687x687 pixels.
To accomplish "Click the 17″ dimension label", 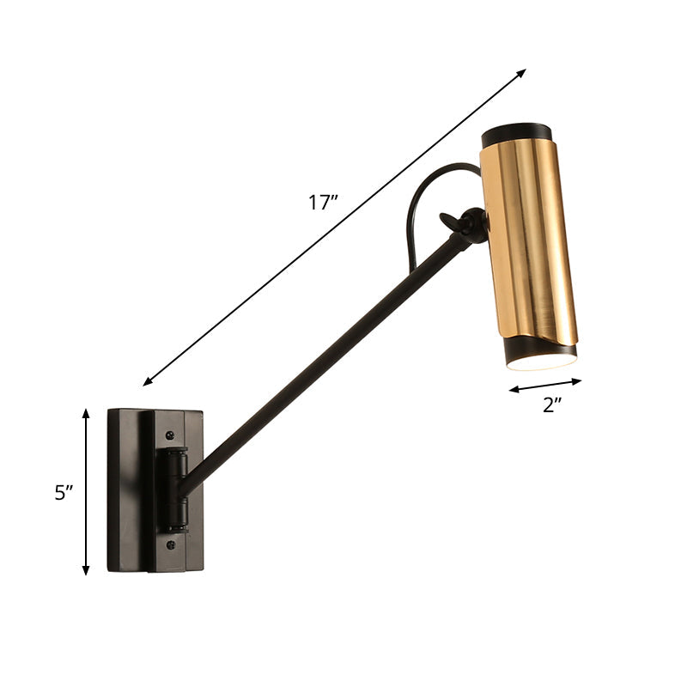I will pos(323,204).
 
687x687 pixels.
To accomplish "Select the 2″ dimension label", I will pos(551,405).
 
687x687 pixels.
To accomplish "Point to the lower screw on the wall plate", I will pos(171,544).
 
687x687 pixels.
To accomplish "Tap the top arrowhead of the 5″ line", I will pos(86,413).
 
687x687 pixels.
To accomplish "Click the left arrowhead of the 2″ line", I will pos(513,391).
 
